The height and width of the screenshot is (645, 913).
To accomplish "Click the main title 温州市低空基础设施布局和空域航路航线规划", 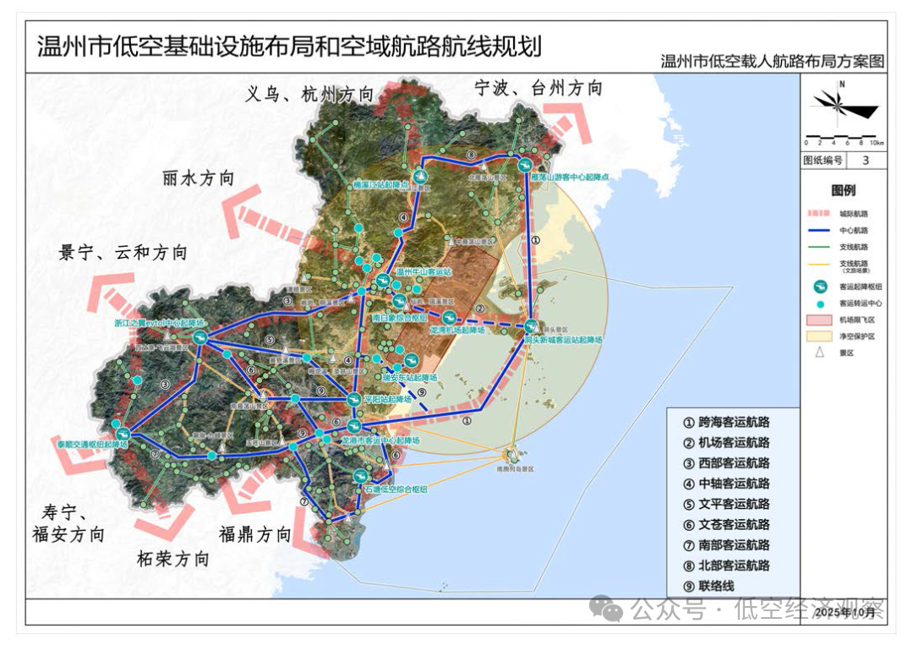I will tap(288, 45).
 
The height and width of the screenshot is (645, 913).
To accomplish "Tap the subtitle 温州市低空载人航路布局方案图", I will tap(773, 62).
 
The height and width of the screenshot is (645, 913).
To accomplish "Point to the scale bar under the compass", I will tap(844, 138).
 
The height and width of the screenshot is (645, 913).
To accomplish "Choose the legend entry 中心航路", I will tap(854, 230).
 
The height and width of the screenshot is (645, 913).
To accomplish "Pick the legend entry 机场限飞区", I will tap(856, 320).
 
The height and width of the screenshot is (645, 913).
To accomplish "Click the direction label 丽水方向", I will tap(199, 179).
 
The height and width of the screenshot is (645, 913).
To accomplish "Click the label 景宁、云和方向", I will tap(123, 253).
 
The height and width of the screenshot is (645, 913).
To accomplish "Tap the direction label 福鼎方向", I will tap(254, 534).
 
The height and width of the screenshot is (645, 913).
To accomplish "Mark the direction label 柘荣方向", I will tap(172, 560).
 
